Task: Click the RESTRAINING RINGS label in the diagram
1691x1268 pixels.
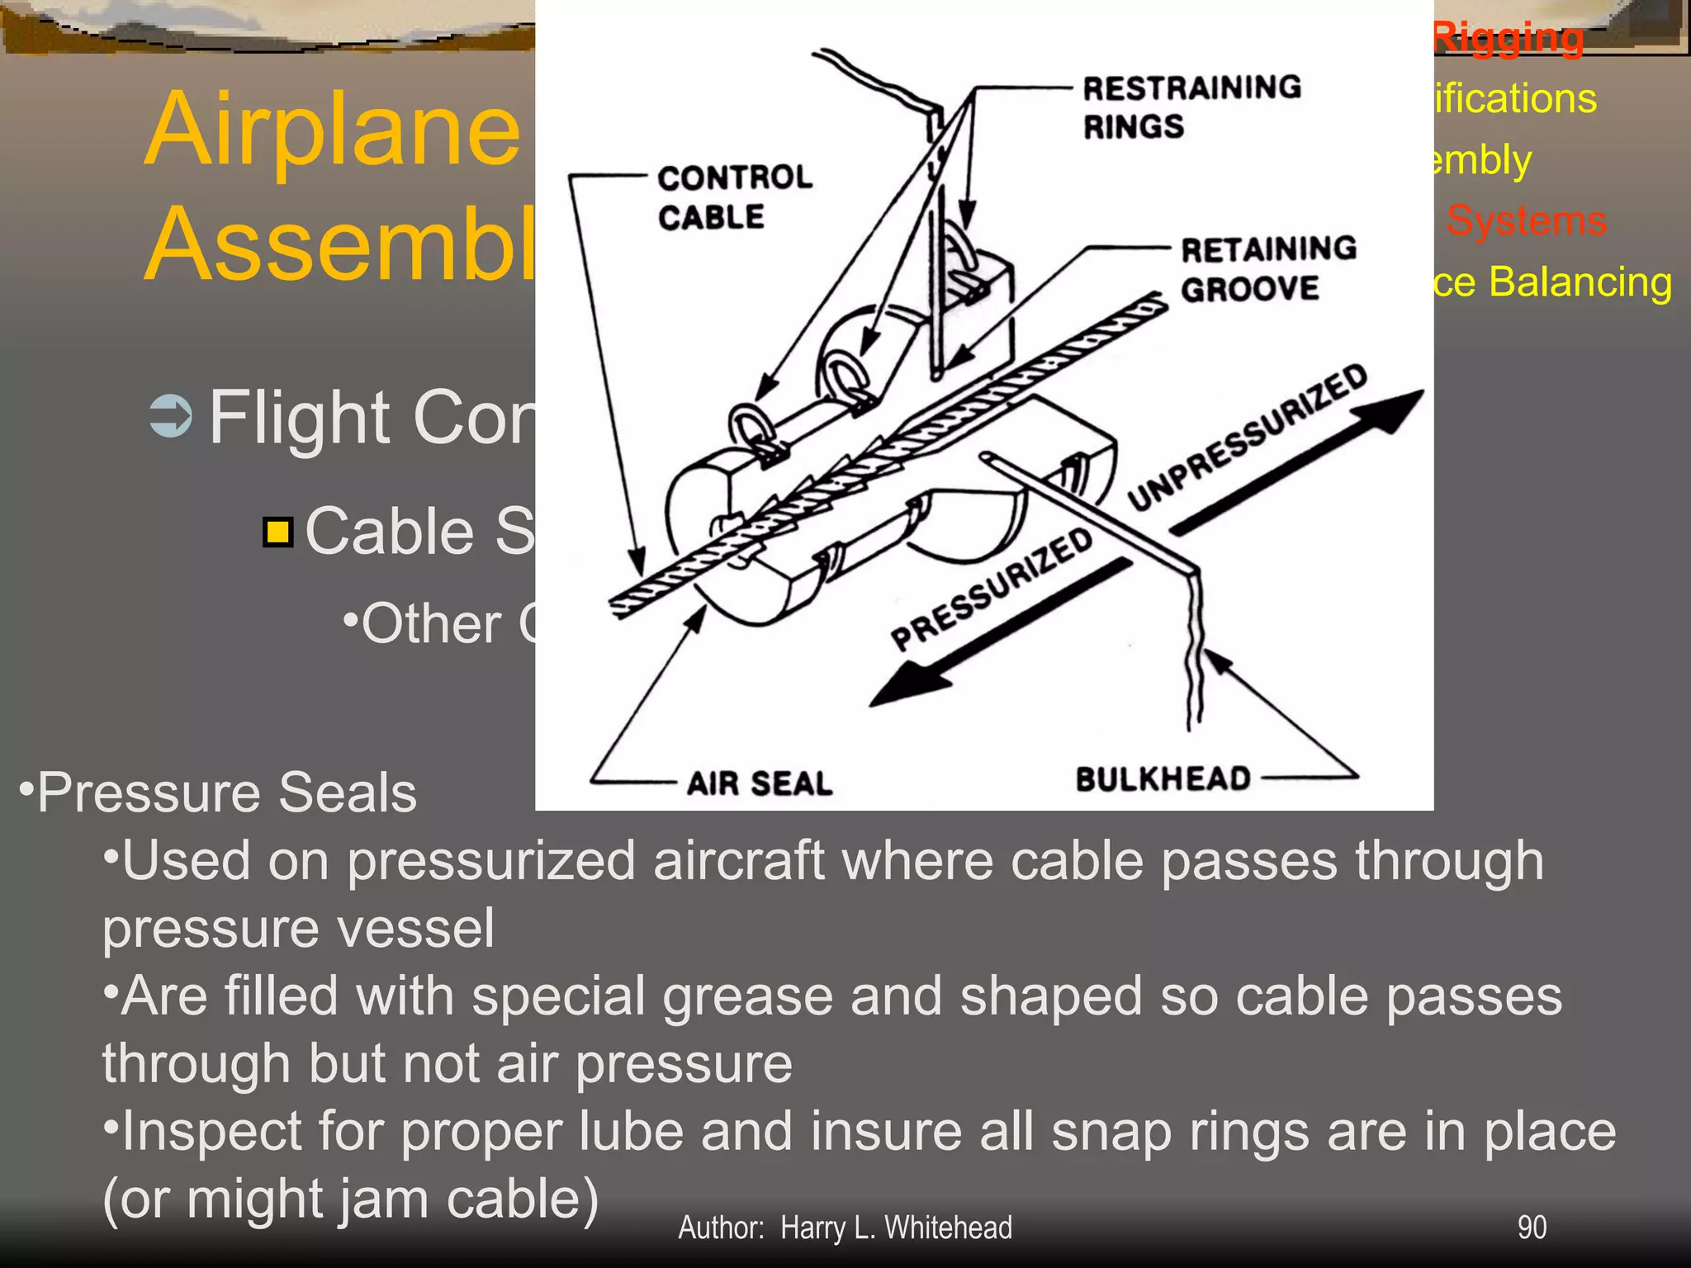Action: click(1191, 106)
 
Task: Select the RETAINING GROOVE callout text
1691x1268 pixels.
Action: click(1267, 268)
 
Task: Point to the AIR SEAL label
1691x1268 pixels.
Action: click(759, 783)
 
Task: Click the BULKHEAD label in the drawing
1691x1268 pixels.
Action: click(1163, 778)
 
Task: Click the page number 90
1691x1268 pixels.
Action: click(1532, 1228)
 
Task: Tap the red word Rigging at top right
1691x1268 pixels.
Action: click(1508, 38)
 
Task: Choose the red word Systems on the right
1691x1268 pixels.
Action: click(1525, 220)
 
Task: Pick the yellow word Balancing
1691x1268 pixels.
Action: click(1580, 282)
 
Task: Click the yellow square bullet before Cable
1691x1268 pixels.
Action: click(278, 532)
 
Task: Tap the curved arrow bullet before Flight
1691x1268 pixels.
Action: click(171, 416)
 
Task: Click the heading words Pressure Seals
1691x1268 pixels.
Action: click(226, 792)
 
